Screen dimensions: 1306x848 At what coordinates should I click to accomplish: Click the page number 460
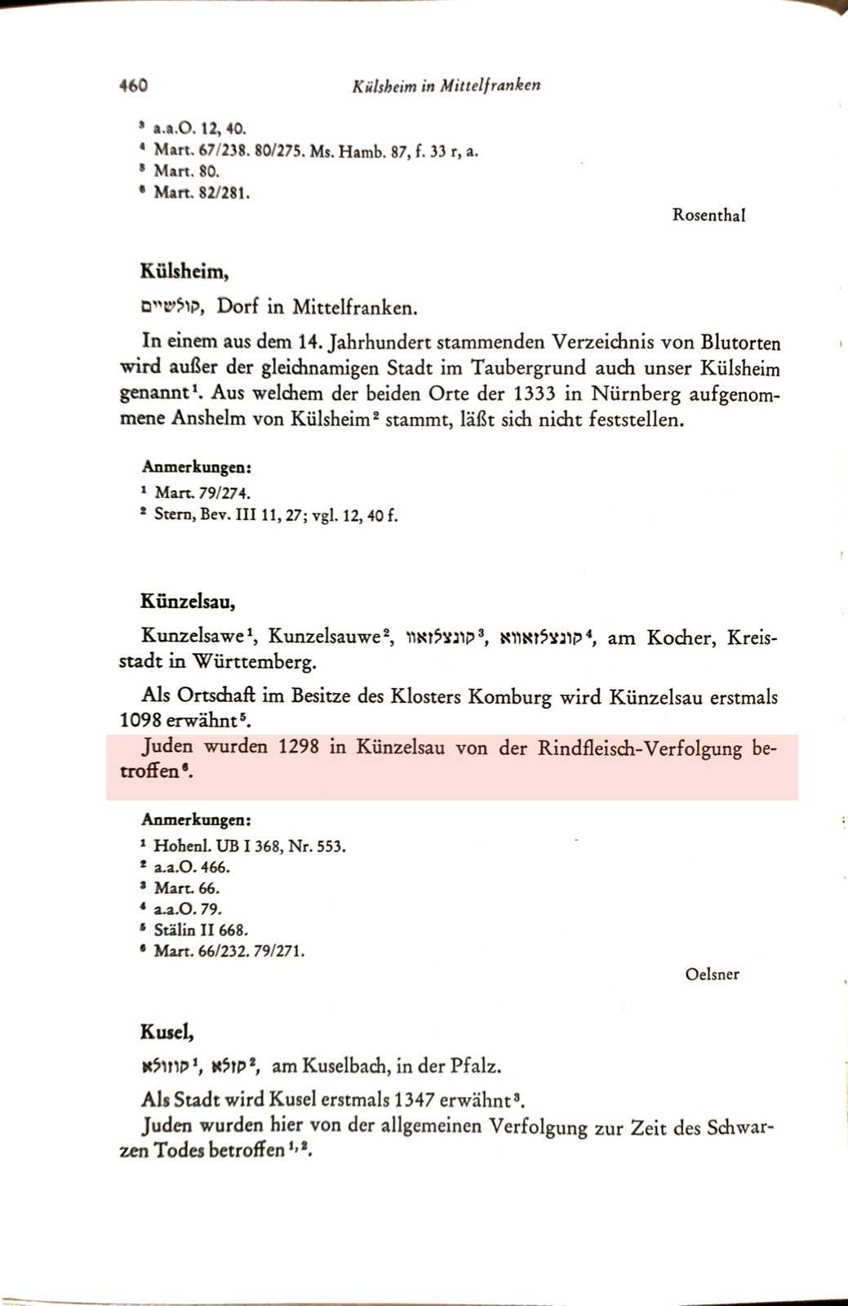[132, 85]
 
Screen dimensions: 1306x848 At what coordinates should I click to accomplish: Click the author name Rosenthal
[708, 215]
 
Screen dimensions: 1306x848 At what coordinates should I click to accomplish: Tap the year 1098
[140, 722]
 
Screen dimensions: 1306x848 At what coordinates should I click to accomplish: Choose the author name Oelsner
[712, 974]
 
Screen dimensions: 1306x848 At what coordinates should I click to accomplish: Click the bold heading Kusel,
[166, 1031]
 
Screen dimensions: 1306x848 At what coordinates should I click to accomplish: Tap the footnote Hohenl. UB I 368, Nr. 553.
[249, 846]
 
